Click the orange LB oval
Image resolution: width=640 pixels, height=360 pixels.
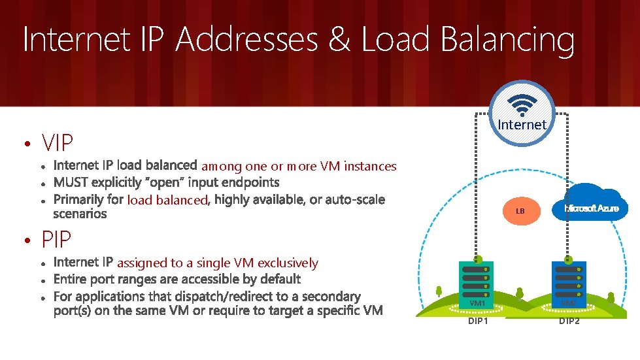tap(520, 211)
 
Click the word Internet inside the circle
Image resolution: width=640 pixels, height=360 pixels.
tap(522, 124)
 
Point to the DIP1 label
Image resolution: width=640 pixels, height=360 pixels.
tap(478, 321)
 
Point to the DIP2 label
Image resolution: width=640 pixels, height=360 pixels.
tap(569, 321)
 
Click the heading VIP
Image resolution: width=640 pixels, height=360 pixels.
tap(57, 142)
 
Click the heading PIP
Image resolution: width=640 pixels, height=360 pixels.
tap(56, 240)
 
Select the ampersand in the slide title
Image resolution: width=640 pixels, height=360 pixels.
tap(339, 39)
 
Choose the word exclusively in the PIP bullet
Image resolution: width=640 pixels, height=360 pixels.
tap(288, 263)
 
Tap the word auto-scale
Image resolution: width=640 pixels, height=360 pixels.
tap(355, 199)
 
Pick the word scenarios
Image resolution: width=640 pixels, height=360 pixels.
tap(80, 214)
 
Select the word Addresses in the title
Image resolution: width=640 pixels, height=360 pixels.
tap(246, 39)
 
